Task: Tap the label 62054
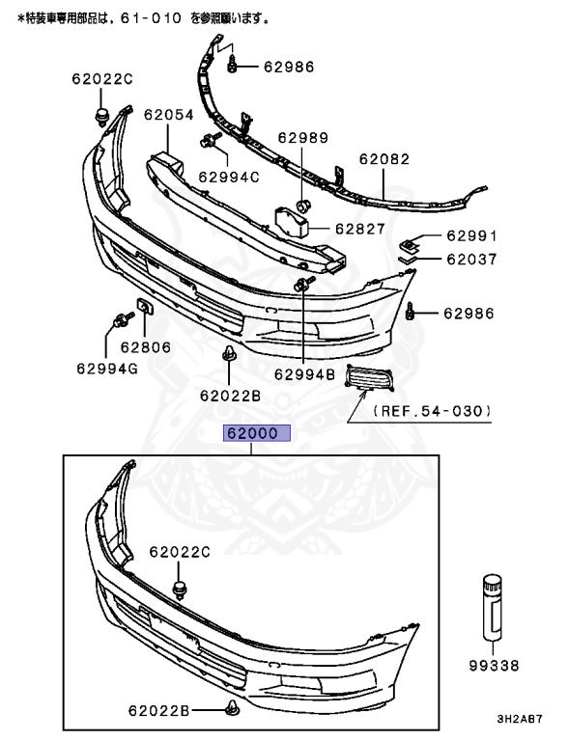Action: tap(169, 115)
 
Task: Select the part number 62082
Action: tap(383, 159)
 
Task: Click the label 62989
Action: tap(303, 138)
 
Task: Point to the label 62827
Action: tap(360, 229)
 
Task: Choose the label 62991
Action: tap(472, 235)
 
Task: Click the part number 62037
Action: tap(472, 259)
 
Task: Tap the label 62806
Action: tap(145, 347)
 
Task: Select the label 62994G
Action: tap(107, 369)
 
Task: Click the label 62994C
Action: tap(229, 177)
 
